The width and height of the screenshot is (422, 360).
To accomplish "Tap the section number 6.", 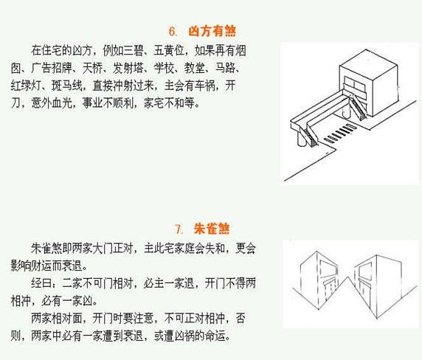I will point(173,31).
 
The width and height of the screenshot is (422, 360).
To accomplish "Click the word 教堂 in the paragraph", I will point(229,69).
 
